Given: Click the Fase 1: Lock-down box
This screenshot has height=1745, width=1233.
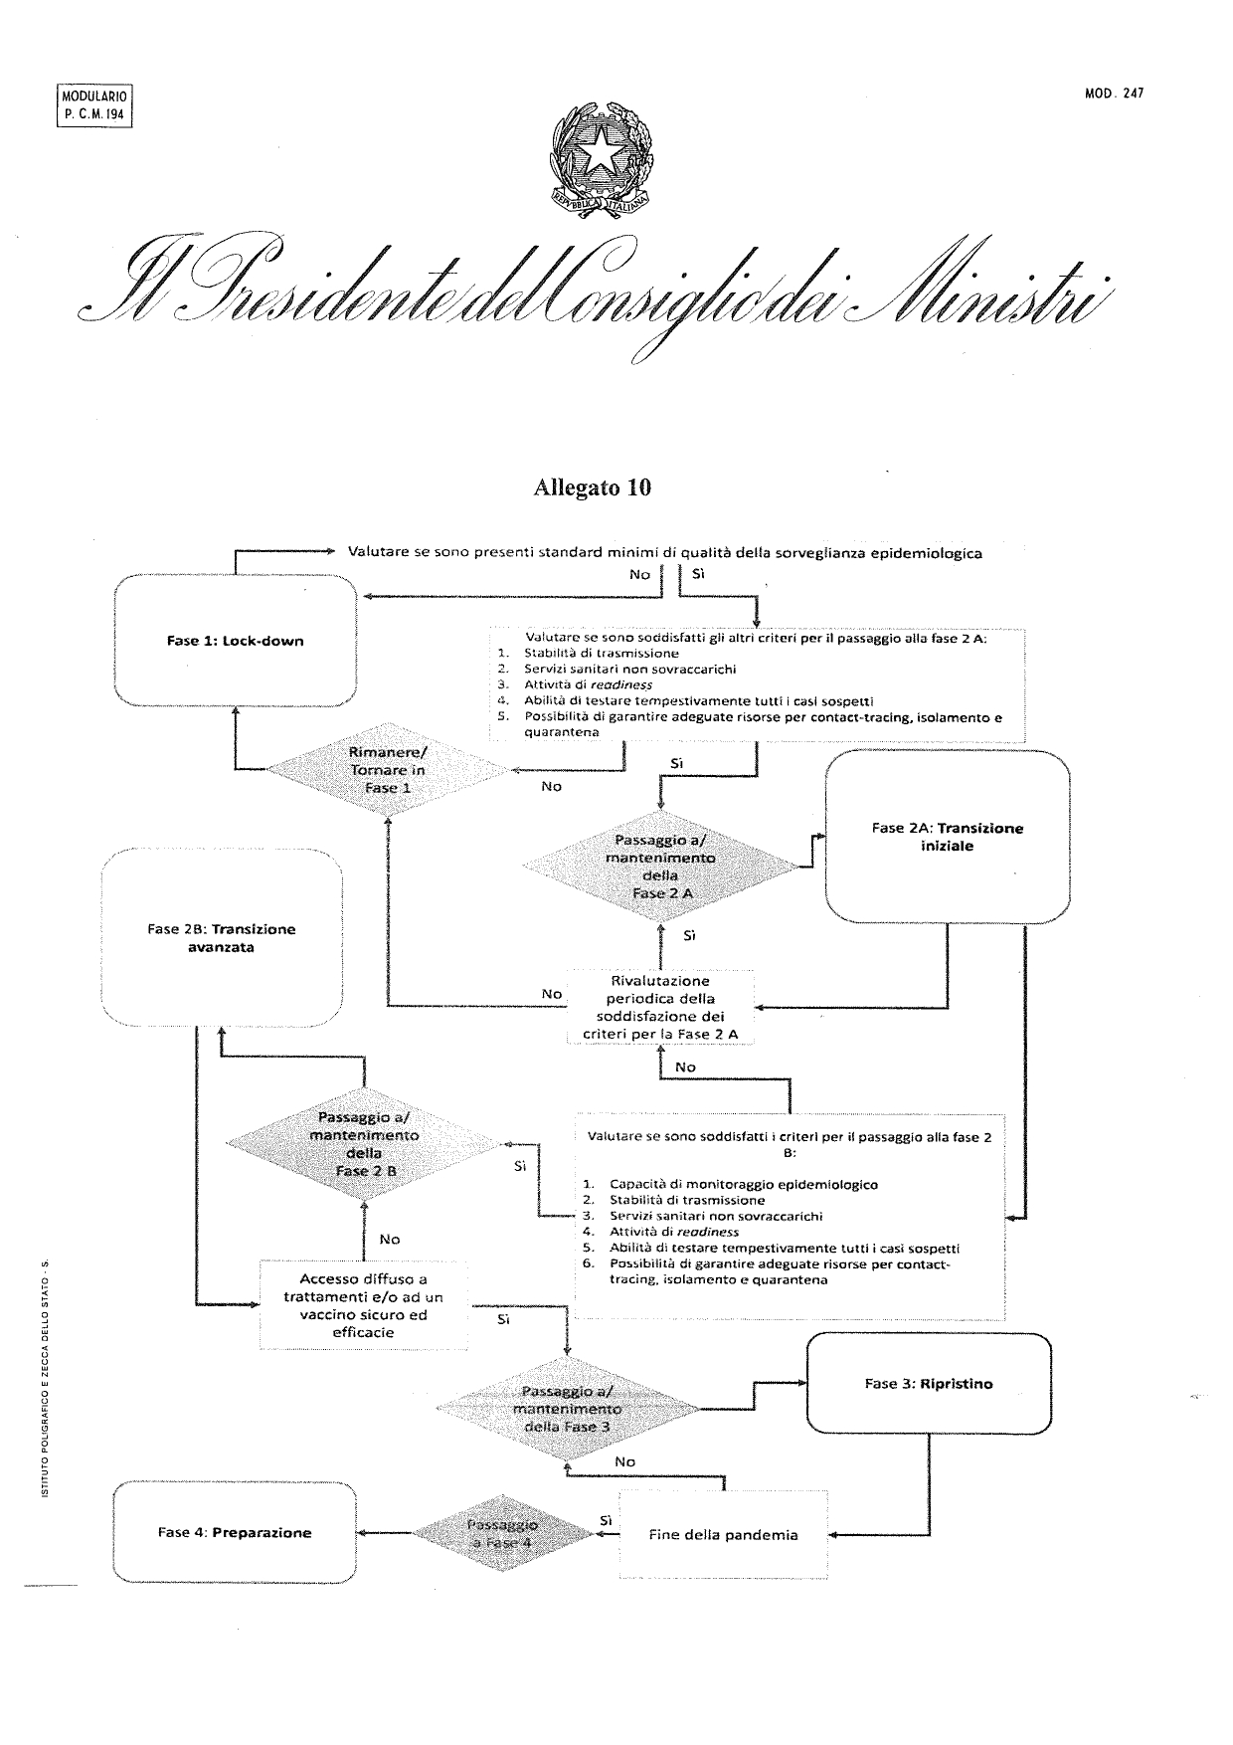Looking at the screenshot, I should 236,641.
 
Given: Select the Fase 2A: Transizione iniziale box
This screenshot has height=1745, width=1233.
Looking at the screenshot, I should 948,837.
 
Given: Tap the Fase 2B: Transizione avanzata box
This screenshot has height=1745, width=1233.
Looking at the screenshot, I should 222,937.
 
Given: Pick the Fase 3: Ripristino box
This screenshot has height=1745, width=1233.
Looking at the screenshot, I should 929,1383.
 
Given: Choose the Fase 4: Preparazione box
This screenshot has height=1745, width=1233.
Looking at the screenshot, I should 235,1532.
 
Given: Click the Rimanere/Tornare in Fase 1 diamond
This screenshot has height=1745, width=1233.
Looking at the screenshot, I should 387,770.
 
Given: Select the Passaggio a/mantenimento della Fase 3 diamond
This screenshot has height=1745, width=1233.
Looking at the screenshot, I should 567,1409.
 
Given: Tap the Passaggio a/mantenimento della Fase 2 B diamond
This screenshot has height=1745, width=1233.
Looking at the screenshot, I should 365,1144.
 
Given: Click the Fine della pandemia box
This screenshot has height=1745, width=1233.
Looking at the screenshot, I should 723,1534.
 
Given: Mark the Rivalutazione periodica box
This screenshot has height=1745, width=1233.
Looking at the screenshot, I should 660,1007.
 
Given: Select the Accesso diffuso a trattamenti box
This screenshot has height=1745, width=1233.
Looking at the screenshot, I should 363,1304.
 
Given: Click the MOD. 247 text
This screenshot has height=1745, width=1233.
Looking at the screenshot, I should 1115,94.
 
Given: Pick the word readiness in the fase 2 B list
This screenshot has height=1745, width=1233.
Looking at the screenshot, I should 707,1232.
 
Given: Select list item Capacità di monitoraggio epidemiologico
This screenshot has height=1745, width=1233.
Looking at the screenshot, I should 743,1184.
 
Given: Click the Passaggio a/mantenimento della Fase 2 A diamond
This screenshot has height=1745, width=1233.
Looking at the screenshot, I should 661,867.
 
